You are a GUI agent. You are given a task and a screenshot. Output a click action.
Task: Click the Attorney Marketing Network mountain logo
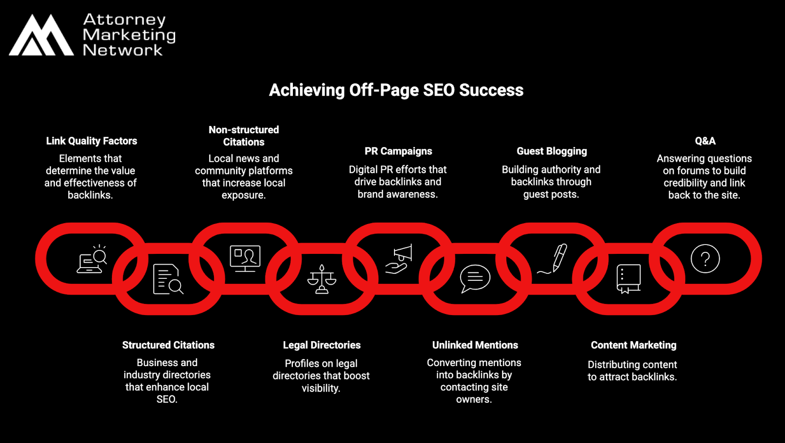41,35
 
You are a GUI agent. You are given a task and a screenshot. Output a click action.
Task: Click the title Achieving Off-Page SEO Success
396,90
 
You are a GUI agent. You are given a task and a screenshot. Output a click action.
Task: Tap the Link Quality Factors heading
91,141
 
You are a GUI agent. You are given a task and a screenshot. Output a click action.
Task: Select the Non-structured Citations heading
243,136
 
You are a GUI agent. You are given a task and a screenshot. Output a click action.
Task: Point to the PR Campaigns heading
398,151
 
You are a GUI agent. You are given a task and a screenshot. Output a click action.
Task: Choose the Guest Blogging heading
551,151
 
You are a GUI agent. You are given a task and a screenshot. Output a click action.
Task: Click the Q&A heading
705,141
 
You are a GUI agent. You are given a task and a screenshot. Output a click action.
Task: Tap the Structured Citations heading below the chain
168,345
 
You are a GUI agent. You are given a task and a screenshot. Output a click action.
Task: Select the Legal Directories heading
321,345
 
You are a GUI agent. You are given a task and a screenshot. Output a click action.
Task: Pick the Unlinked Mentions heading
474,345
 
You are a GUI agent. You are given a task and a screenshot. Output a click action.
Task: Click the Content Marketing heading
633,345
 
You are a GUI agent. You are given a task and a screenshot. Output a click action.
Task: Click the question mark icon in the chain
705,258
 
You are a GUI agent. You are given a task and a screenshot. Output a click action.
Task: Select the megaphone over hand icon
399,259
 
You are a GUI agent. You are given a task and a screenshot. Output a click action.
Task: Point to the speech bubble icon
474,278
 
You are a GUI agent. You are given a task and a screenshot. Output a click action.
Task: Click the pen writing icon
553,259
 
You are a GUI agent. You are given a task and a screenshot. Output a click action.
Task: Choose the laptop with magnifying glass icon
92,259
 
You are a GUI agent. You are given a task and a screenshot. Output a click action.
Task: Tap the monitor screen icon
245,258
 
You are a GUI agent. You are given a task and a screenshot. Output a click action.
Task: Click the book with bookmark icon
628,279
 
